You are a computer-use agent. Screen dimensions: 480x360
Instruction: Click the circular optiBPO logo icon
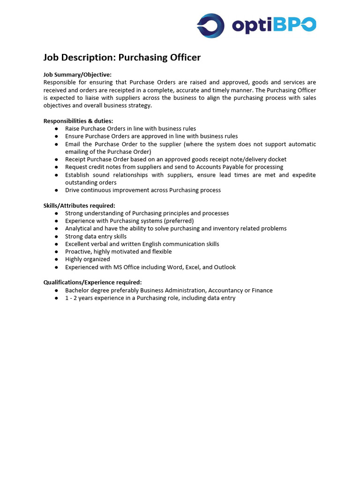point(210,25)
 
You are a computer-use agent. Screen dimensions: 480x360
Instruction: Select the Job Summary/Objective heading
point(77,75)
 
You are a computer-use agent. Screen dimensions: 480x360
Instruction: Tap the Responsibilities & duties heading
point(78,121)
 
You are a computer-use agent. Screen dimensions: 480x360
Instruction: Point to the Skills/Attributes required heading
point(79,205)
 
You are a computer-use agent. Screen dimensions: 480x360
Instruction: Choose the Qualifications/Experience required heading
point(92,283)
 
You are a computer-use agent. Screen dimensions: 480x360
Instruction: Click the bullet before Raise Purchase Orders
point(56,129)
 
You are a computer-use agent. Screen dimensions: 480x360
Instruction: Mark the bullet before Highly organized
point(56,259)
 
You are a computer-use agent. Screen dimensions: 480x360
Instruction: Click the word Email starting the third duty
point(73,144)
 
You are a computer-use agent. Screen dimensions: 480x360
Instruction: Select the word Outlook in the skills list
point(225,267)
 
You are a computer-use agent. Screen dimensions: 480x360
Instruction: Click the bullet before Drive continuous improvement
point(56,190)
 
